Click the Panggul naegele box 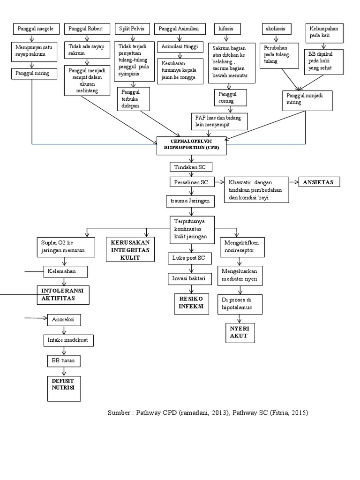tap(35, 29)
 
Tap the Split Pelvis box tap(134, 29)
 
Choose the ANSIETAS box tap(319, 182)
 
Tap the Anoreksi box tap(64, 320)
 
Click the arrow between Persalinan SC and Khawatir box tap(219, 182)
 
